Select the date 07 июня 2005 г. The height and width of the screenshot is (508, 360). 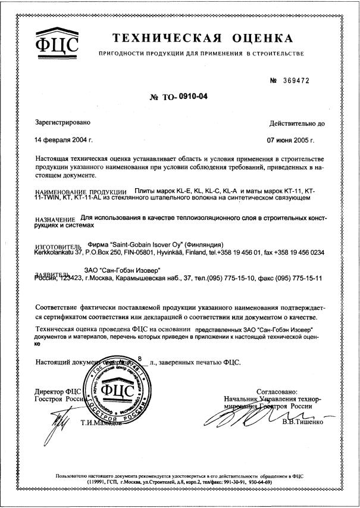290,141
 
